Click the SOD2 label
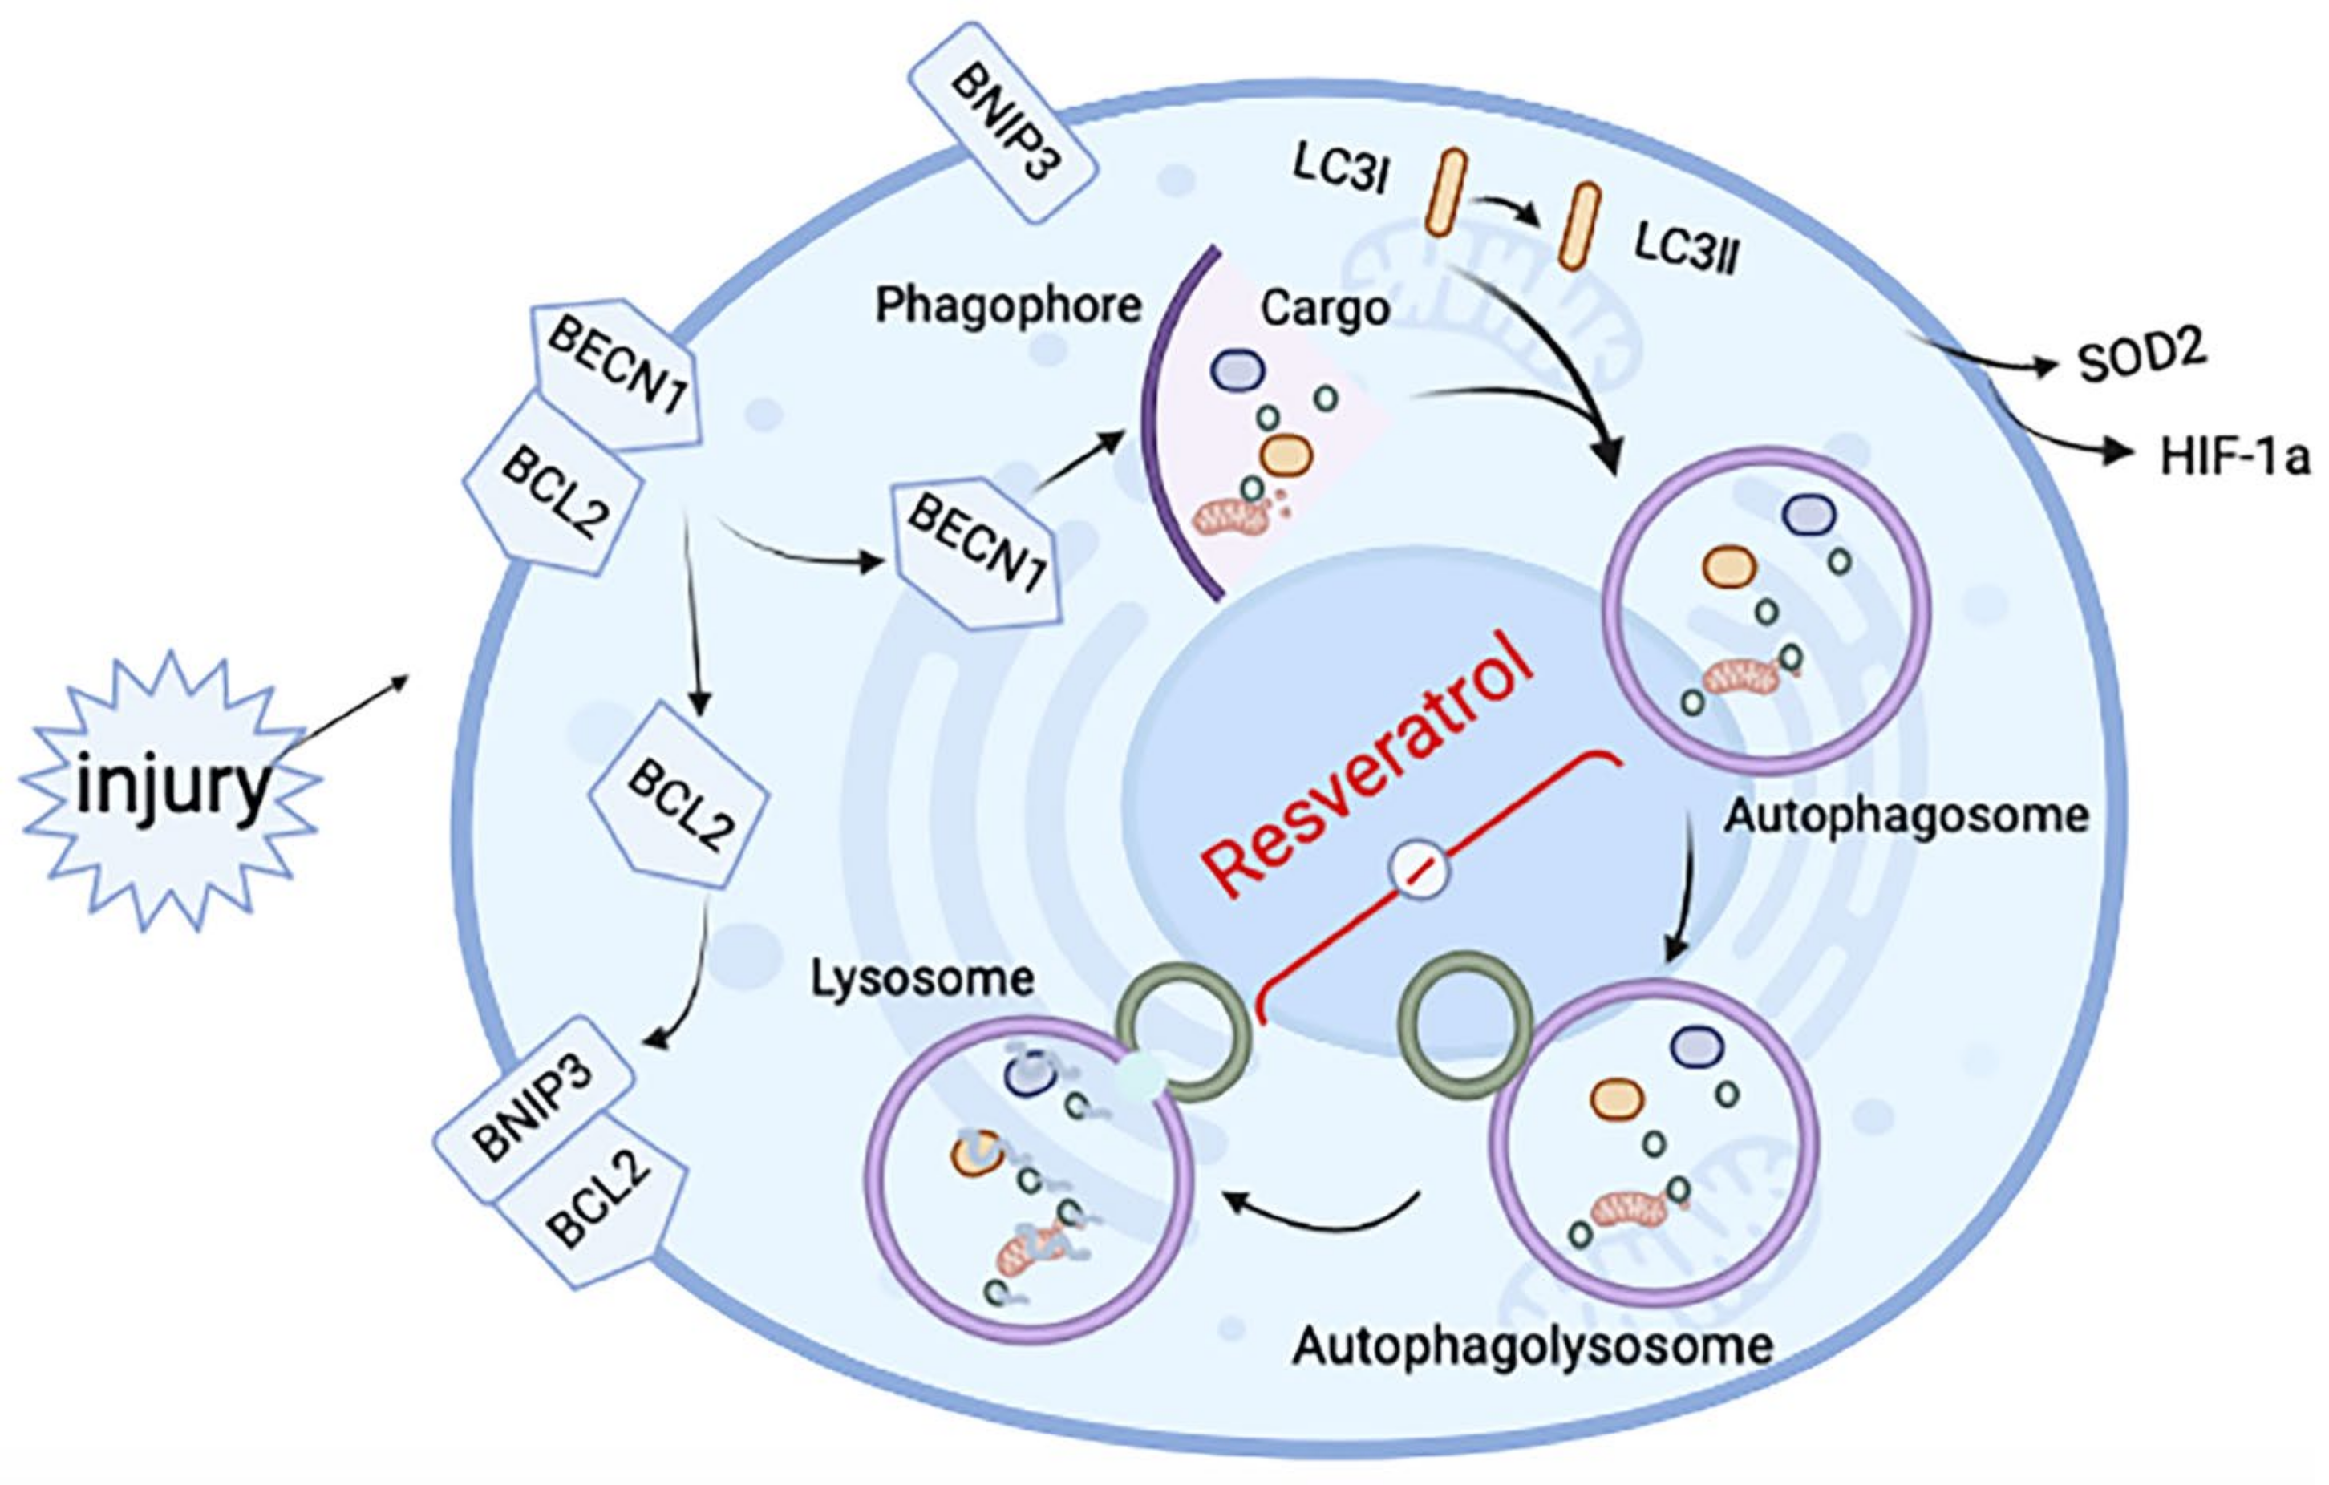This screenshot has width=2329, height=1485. pos(2141,358)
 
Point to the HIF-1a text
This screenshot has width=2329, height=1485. pos(2234,456)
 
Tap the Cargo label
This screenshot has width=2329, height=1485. pos(1325,310)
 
